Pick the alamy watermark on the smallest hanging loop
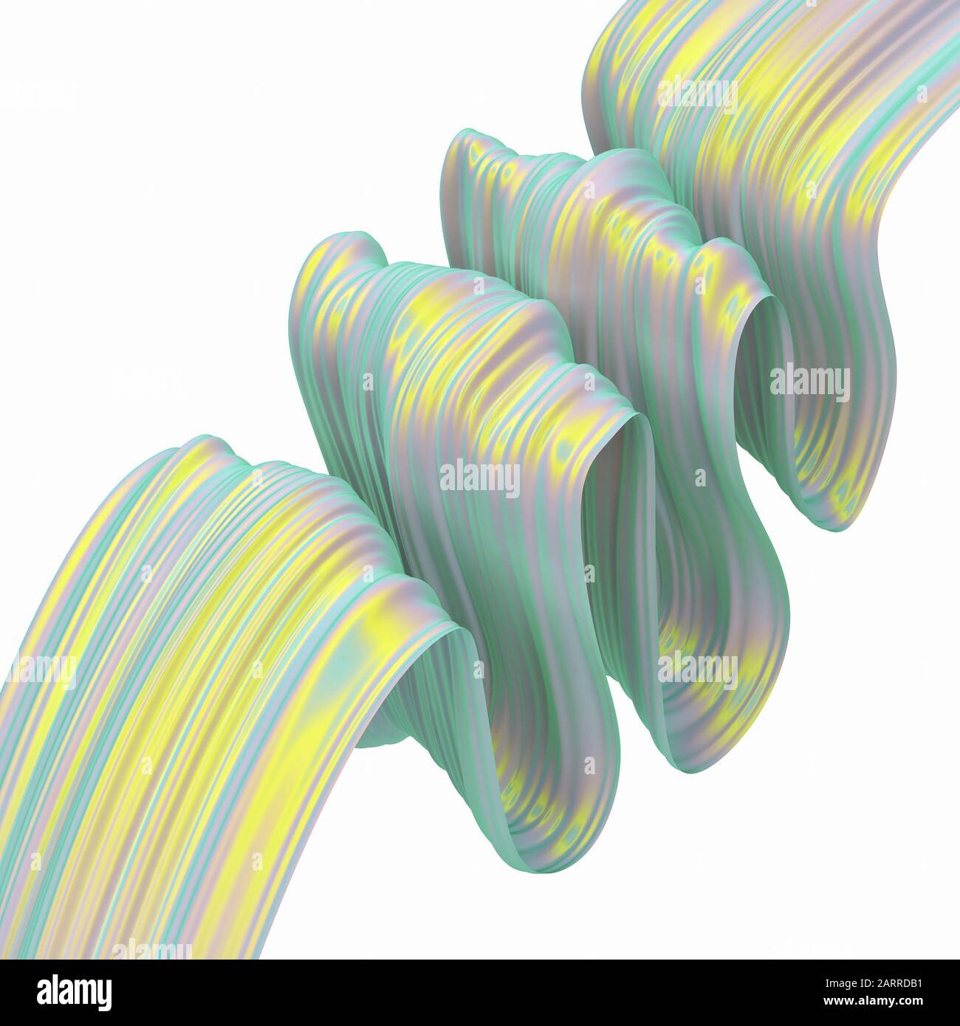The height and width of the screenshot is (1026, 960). pos(809,380)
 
